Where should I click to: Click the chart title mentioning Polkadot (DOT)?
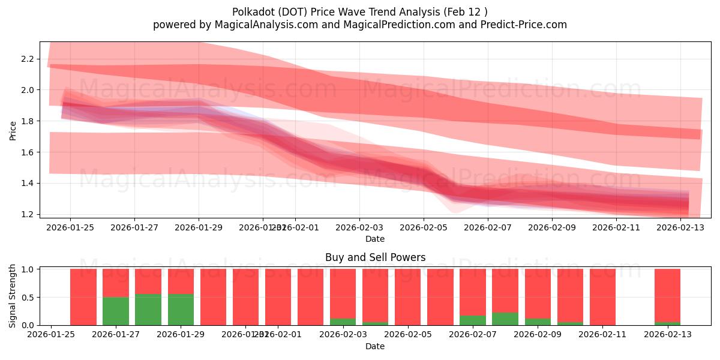[x=359, y=11]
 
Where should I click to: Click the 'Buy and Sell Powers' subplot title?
[x=375, y=257]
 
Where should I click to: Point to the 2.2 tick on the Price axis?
[x=26, y=59]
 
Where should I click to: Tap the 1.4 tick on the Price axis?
[x=26, y=183]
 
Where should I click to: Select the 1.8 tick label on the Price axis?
[x=26, y=121]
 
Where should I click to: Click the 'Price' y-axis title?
[x=13, y=131]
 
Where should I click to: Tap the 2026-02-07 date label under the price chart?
[x=487, y=227]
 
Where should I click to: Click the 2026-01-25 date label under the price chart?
[x=70, y=227]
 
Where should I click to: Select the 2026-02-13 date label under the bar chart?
[x=668, y=334]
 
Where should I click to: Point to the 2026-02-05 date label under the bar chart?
[x=407, y=334]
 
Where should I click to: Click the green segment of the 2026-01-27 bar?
[x=116, y=311]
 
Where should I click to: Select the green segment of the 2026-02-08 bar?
[x=505, y=319]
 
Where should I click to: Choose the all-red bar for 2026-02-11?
[x=602, y=297]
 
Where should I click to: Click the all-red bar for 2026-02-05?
[x=407, y=297]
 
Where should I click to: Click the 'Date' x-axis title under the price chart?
[x=375, y=239]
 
